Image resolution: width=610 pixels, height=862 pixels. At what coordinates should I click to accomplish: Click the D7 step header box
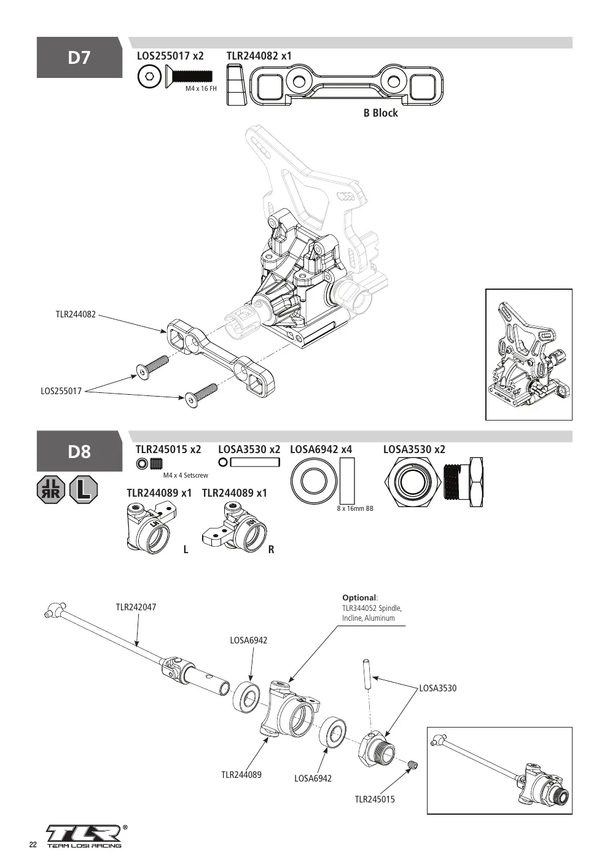coord(79,58)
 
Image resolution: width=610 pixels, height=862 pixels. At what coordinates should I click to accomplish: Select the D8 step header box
coord(79,451)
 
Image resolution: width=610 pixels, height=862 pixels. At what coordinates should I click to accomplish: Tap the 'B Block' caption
coord(380,113)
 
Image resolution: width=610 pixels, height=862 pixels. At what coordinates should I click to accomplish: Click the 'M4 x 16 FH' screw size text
coord(201,88)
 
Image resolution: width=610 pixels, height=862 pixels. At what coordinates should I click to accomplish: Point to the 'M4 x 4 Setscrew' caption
coord(186,475)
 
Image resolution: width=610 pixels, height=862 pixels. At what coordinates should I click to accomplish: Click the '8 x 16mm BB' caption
coord(355,508)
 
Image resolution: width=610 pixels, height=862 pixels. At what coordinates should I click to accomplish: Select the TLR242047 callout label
coord(136,607)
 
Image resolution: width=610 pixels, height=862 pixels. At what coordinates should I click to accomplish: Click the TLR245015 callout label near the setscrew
coord(375,799)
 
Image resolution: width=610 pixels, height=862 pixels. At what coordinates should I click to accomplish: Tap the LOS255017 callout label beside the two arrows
coord(61,391)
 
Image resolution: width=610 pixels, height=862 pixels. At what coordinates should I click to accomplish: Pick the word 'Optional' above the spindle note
coord(359,597)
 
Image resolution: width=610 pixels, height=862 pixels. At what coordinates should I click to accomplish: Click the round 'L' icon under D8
coord(84,489)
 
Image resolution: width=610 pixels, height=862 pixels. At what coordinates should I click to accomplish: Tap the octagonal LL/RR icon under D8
coord(51,489)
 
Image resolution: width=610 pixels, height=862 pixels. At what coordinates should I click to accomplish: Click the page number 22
coord(33,845)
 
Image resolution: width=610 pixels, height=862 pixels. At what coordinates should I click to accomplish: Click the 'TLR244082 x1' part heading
coord(259,56)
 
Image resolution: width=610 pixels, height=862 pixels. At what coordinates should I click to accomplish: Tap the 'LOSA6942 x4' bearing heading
coord(321,449)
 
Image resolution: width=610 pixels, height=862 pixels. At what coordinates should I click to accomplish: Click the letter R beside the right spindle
coord(271,549)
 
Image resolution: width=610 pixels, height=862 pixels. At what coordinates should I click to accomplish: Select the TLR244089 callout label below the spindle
coord(241,775)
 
